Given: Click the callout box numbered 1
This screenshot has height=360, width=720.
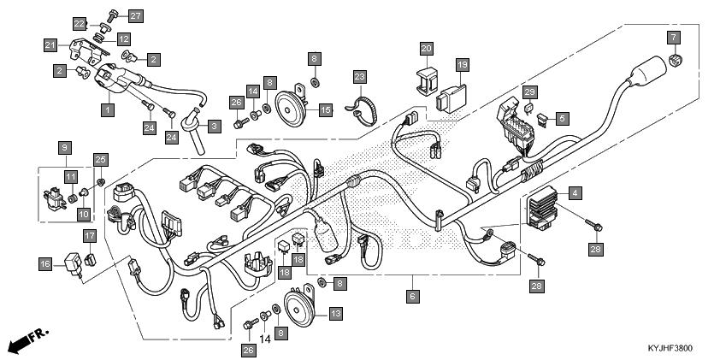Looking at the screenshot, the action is click(x=108, y=109).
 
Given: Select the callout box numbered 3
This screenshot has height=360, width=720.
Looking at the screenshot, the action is click(x=215, y=127).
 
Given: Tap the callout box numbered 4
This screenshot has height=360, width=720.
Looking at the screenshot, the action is click(x=575, y=193).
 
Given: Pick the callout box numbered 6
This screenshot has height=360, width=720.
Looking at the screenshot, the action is click(x=413, y=296).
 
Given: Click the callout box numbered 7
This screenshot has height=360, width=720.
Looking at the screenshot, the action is click(x=673, y=37).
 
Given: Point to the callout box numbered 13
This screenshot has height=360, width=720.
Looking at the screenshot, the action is click(x=336, y=314).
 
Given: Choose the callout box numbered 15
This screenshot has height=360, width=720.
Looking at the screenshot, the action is click(x=326, y=110).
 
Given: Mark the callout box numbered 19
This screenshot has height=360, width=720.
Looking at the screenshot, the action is click(x=463, y=65).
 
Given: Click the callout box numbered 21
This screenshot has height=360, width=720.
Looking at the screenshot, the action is click(x=50, y=45).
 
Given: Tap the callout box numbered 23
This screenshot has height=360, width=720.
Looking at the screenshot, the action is click(x=361, y=76).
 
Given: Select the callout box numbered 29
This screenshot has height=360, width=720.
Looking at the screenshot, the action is click(x=529, y=92).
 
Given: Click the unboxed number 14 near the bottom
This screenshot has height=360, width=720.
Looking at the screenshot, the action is click(x=264, y=339).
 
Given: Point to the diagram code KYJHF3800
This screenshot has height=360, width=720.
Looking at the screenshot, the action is click(x=670, y=348).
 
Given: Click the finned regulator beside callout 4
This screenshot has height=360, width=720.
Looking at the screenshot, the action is click(x=542, y=207).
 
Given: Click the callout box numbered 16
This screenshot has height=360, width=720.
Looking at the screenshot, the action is click(x=45, y=264).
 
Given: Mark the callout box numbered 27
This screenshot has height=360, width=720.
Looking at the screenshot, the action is click(x=135, y=16).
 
